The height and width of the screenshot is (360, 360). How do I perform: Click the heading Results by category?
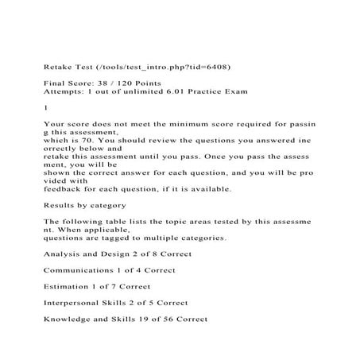91,207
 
